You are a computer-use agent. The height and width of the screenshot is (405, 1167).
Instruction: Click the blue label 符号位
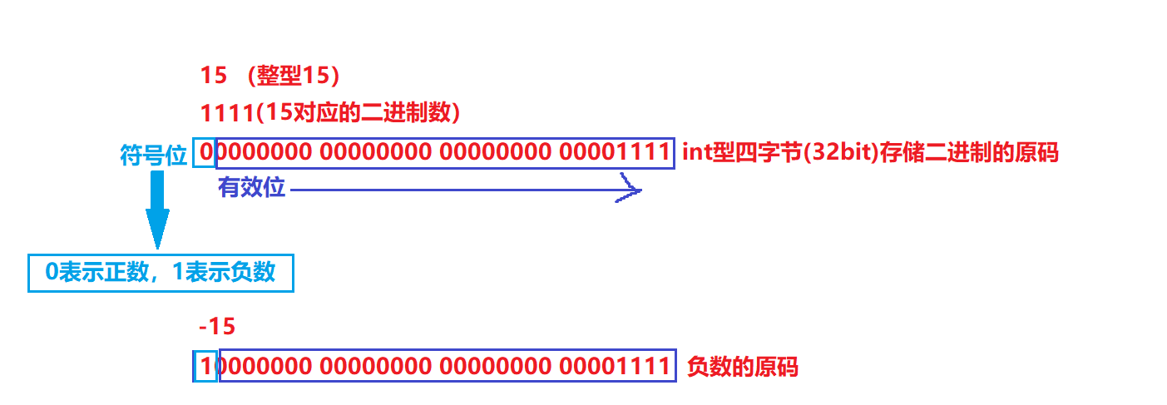pos(154,155)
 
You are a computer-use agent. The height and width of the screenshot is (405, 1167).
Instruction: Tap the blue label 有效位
pos(251,188)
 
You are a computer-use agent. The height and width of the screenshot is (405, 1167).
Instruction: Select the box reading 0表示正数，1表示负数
pos(161,272)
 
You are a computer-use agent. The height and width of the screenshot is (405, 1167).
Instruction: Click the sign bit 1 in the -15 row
pos(205,366)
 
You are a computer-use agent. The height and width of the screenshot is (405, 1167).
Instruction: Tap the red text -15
pos(218,326)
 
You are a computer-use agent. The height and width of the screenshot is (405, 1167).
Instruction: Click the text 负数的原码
pos(742,367)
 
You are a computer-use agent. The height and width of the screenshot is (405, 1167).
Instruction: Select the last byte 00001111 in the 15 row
pos(615,153)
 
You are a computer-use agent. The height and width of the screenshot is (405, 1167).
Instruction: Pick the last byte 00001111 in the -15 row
pos(615,366)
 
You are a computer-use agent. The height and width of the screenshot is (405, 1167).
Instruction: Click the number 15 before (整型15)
pos(214,75)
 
